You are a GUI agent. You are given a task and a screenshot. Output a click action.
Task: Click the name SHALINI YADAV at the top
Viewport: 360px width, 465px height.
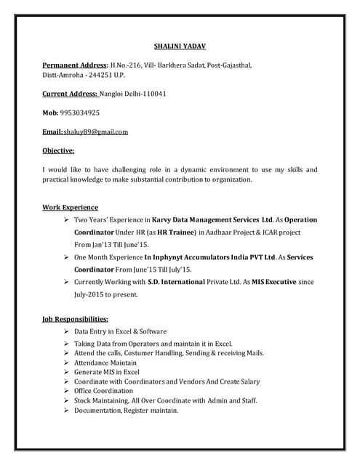click(180, 46)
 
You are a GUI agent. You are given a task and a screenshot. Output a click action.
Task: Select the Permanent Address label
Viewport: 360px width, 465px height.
click(76, 65)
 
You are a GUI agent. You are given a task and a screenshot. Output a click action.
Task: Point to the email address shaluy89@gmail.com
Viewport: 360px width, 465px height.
click(96, 132)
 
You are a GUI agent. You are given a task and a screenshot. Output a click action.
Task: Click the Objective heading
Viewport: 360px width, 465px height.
click(59, 150)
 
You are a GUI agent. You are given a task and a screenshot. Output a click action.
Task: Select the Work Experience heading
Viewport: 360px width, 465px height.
click(71, 207)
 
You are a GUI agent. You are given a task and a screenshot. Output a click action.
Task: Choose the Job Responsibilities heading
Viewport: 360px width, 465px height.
click(76, 319)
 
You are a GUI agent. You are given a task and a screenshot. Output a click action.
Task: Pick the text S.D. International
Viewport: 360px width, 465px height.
click(181, 282)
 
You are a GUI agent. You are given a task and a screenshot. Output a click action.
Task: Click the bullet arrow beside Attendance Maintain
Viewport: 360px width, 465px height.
click(67, 362)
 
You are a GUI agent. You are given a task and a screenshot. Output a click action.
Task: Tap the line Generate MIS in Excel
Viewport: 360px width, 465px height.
click(106, 371)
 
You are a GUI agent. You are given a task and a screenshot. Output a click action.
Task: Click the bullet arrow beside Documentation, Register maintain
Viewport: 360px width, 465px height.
click(67, 410)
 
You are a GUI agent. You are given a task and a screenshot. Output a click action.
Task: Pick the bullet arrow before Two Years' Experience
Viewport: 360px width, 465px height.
click(67, 219)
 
